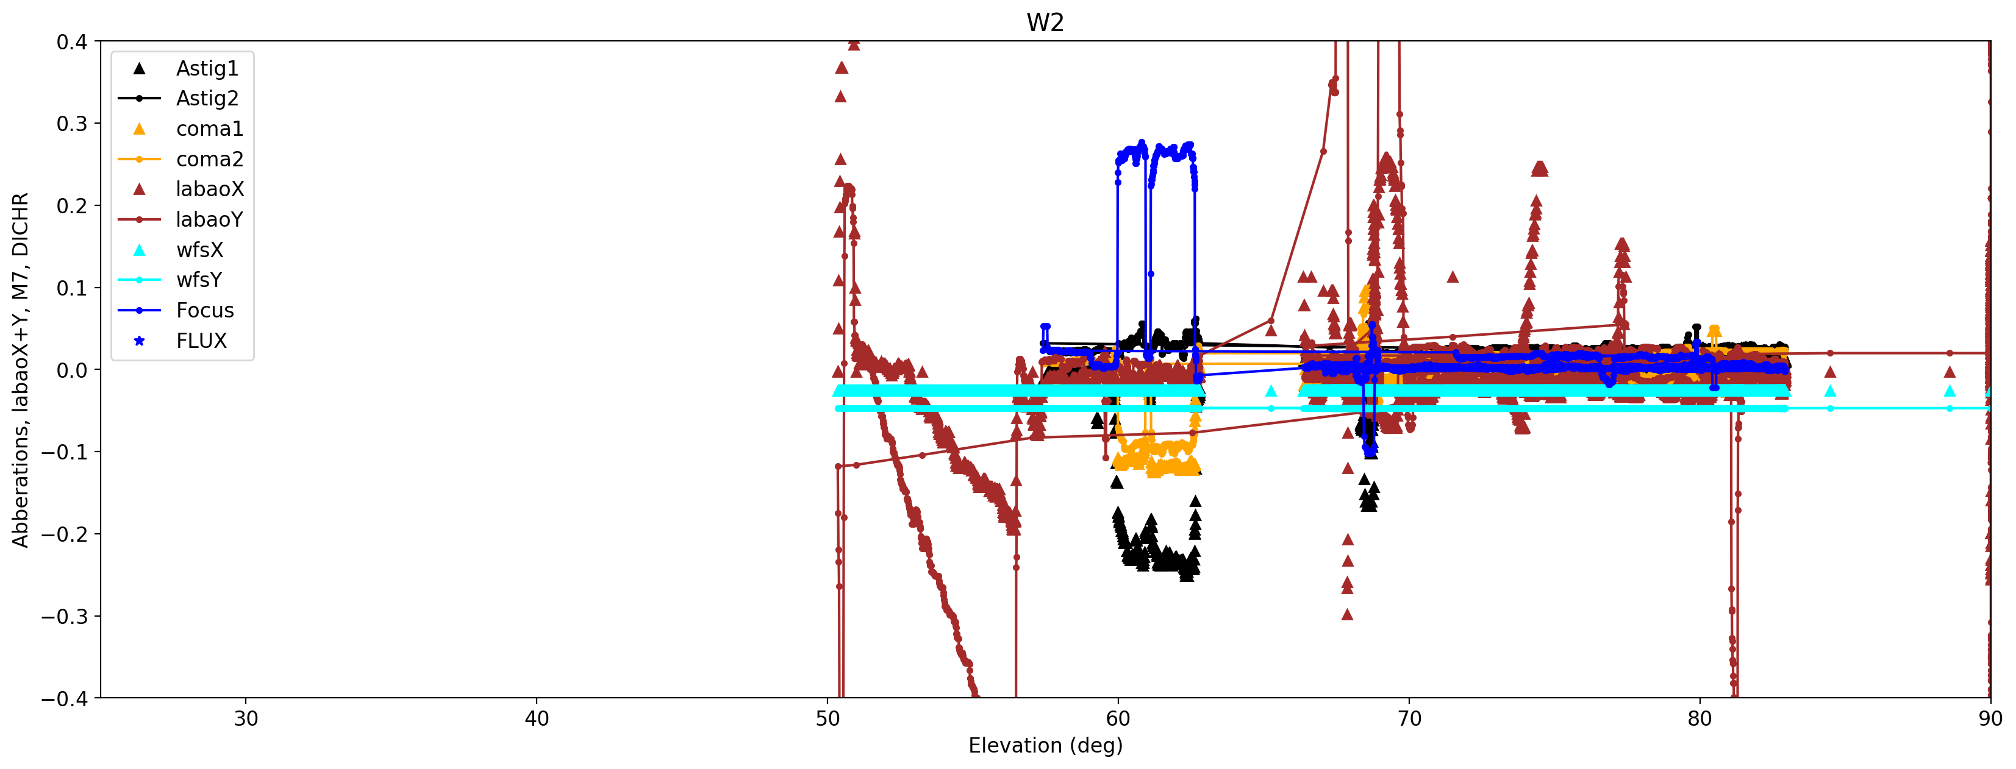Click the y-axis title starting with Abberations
pos(20,369)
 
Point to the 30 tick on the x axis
pos(246,719)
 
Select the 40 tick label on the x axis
pos(537,719)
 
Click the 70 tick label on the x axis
pos(1409,719)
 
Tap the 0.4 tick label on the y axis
pos(71,42)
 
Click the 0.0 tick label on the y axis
pos(71,370)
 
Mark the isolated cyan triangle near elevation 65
pos(1271,391)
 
